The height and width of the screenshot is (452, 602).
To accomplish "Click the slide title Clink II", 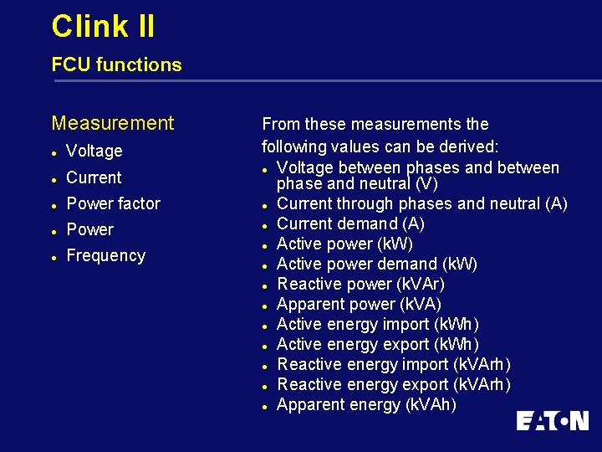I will [x=103, y=26].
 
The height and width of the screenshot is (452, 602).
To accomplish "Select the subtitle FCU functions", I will [x=116, y=64].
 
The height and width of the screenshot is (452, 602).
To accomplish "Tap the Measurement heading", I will [x=113, y=123].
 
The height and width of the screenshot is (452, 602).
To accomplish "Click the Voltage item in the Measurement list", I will [x=94, y=151].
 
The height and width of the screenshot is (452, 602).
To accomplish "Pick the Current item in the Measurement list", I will [x=94, y=177].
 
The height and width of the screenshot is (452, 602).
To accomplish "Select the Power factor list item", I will [x=113, y=203].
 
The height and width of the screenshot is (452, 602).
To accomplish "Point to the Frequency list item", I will [x=105, y=255].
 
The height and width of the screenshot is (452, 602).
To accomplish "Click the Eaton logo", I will [x=552, y=420].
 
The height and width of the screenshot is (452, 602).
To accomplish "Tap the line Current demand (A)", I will [x=350, y=223].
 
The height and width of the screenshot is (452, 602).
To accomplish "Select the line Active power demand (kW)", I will [x=377, y=264].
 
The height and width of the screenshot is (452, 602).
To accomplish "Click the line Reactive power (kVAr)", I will [x=360, y=284].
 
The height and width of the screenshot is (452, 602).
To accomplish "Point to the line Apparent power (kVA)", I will [x=359, y=304].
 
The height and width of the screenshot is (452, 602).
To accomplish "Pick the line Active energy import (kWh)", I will [x=378, y=324].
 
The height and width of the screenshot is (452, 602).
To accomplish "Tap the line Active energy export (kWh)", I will [x=378, y=344].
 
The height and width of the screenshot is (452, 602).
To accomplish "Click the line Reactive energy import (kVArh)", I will [x=394, y=364].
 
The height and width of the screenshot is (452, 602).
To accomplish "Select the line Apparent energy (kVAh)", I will [x=366, y=404].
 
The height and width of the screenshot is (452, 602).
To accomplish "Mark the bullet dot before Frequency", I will [x=54, y=257].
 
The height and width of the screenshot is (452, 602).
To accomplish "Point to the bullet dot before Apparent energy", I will [x=263, y=406].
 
